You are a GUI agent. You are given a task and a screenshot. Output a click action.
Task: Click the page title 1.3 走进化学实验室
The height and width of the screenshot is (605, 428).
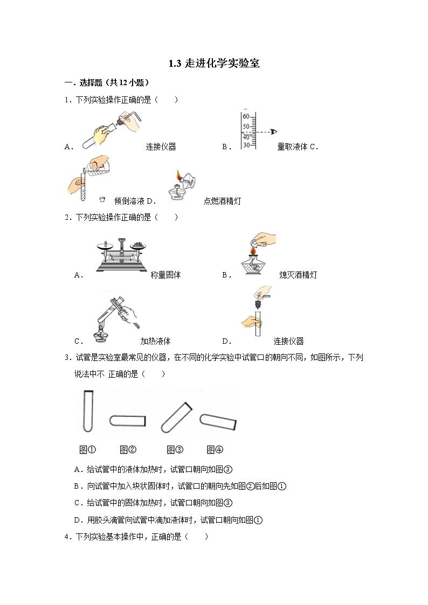[214, 64]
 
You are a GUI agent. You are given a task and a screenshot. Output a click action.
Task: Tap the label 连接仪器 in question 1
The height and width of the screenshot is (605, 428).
[161, 147]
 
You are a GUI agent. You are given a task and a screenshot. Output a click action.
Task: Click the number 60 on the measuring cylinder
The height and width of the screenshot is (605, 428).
[246, 116]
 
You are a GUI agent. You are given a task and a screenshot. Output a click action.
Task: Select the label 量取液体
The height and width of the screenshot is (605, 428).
[292, 147]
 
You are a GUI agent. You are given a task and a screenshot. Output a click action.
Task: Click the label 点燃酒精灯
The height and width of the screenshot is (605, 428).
[222, 201]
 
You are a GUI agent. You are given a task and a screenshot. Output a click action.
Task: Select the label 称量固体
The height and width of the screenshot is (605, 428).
[166, 275]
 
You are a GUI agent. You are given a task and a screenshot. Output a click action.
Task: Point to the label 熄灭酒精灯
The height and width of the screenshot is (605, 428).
[298, 275]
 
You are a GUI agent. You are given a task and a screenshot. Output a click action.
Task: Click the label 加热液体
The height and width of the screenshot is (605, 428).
[155, 341]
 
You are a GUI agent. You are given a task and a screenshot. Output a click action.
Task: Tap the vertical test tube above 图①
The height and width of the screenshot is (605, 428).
[88, 411]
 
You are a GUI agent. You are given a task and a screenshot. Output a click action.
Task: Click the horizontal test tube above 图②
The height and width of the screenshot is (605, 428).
[128, 420]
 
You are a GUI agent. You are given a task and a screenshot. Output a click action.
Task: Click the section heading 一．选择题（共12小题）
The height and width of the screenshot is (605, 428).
[107, 83]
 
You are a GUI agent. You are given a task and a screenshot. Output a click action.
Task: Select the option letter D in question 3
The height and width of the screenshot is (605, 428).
[77, 520]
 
